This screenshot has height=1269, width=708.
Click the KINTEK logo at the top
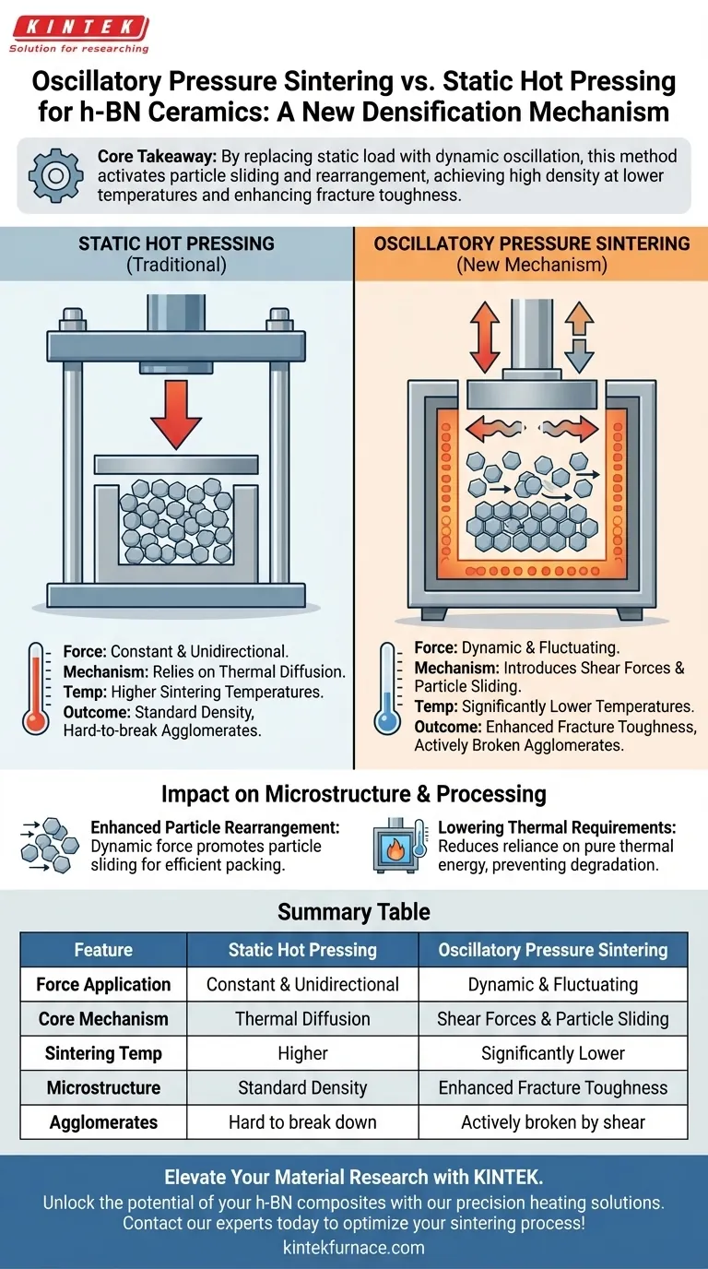coord(77,34)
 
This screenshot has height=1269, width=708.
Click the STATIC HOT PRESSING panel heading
coord(176,253)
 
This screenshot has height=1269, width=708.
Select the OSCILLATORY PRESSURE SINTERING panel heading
coord(531,253)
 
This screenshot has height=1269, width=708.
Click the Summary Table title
coord(354,912)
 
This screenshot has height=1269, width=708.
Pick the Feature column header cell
coord(103,950)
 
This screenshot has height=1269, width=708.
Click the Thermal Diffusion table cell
coord(302,1019)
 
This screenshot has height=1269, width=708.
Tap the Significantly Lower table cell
coord(553,1053)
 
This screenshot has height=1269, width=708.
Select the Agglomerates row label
coord(103,1122)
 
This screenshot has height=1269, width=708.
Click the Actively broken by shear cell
coord(553,1122)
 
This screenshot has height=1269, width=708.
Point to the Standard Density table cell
coord(302,1088)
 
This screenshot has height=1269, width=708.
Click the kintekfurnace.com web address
coord(354,1247)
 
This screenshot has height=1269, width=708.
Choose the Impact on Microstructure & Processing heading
coord(354,794)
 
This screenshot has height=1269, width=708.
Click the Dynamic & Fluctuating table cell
coord(553,984)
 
